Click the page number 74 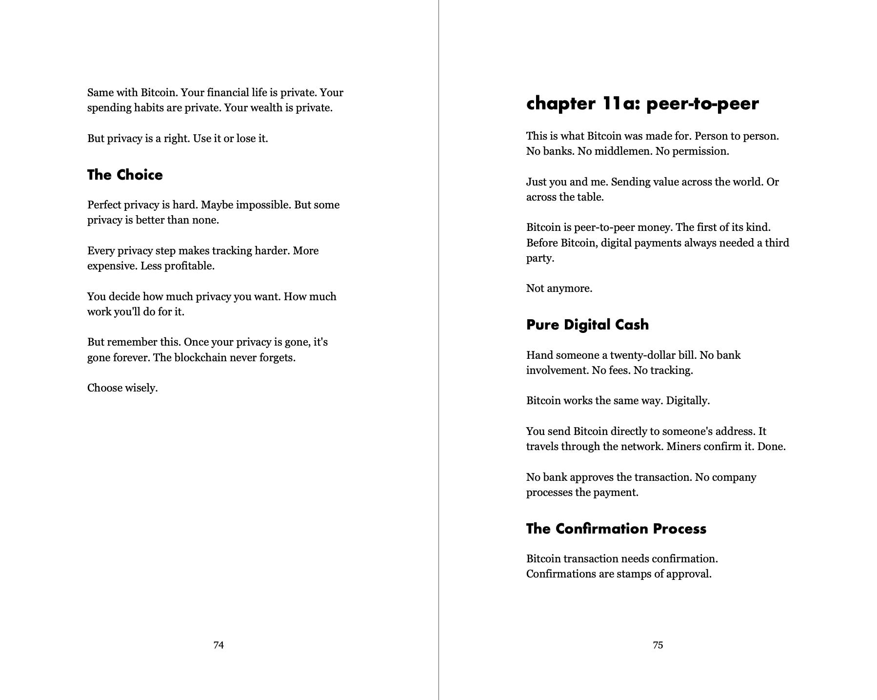point(219,645)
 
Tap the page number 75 point(658,645)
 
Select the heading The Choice point(125,175)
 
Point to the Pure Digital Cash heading point(587,325)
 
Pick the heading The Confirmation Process point(616,529)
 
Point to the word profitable point(189,266)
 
